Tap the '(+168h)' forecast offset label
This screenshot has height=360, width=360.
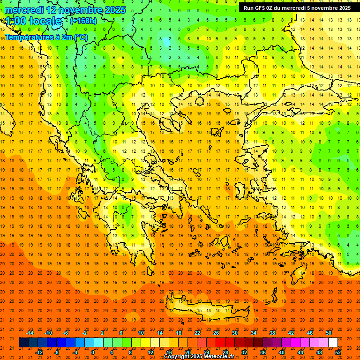click(x=83, y=21)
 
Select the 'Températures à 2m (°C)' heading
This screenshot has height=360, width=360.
click(x=46, y=37)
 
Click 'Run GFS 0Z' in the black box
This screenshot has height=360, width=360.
click(x=263, y=8)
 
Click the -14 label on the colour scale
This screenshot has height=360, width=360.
click(x=30, y=333)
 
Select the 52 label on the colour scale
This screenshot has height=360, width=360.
click(x=338, y=352)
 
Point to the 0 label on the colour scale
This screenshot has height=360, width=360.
click(x=93, y=352)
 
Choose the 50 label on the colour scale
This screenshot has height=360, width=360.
click(x=329, y=333)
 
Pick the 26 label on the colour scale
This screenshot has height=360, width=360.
click(x=216, y=333)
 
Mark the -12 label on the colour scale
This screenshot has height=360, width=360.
click(x=39, y=352)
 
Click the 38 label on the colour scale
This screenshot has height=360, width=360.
click(x=272, y=333)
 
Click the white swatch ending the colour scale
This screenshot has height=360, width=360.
click(x=333, y=343)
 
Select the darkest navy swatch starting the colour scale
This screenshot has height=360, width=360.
click(x=23, y=343)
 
